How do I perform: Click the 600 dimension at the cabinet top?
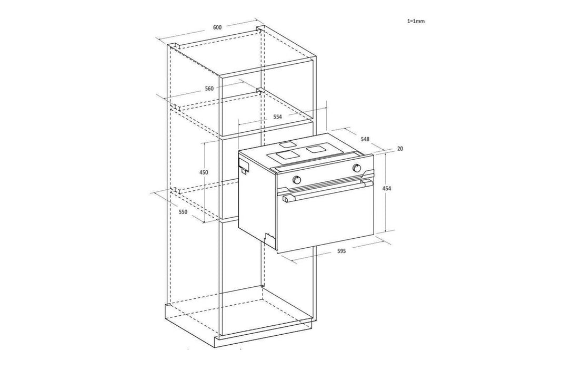217,27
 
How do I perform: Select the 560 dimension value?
209,89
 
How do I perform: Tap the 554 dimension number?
277,117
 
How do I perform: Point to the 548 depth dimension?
365,139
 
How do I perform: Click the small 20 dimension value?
400,149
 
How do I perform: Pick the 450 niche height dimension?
204,172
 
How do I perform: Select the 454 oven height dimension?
387,189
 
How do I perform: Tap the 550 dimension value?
183,212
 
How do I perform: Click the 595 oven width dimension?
341,251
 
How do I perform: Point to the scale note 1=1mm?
416,21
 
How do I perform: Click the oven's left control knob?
297,179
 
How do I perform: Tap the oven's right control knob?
357,168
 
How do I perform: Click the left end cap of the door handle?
288,199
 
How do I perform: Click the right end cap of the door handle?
367,183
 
